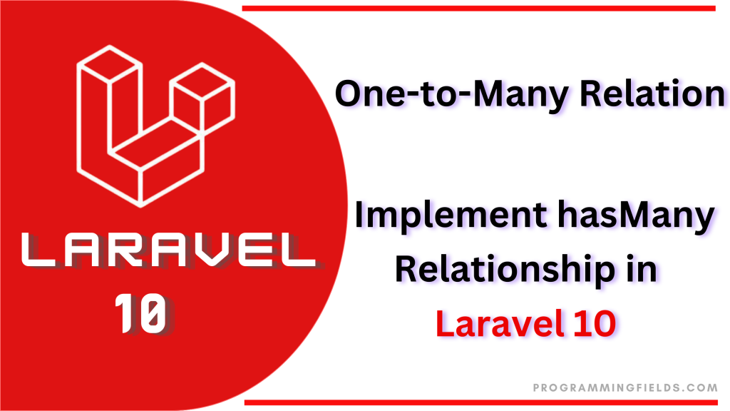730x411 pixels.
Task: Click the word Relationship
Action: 505,270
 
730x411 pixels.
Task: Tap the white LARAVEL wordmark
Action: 168,250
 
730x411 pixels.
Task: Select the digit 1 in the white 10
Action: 124,313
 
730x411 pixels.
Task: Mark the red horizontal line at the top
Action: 478,9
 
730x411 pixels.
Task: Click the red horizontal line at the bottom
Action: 481,402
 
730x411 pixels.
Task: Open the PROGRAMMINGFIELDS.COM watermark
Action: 625,387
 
